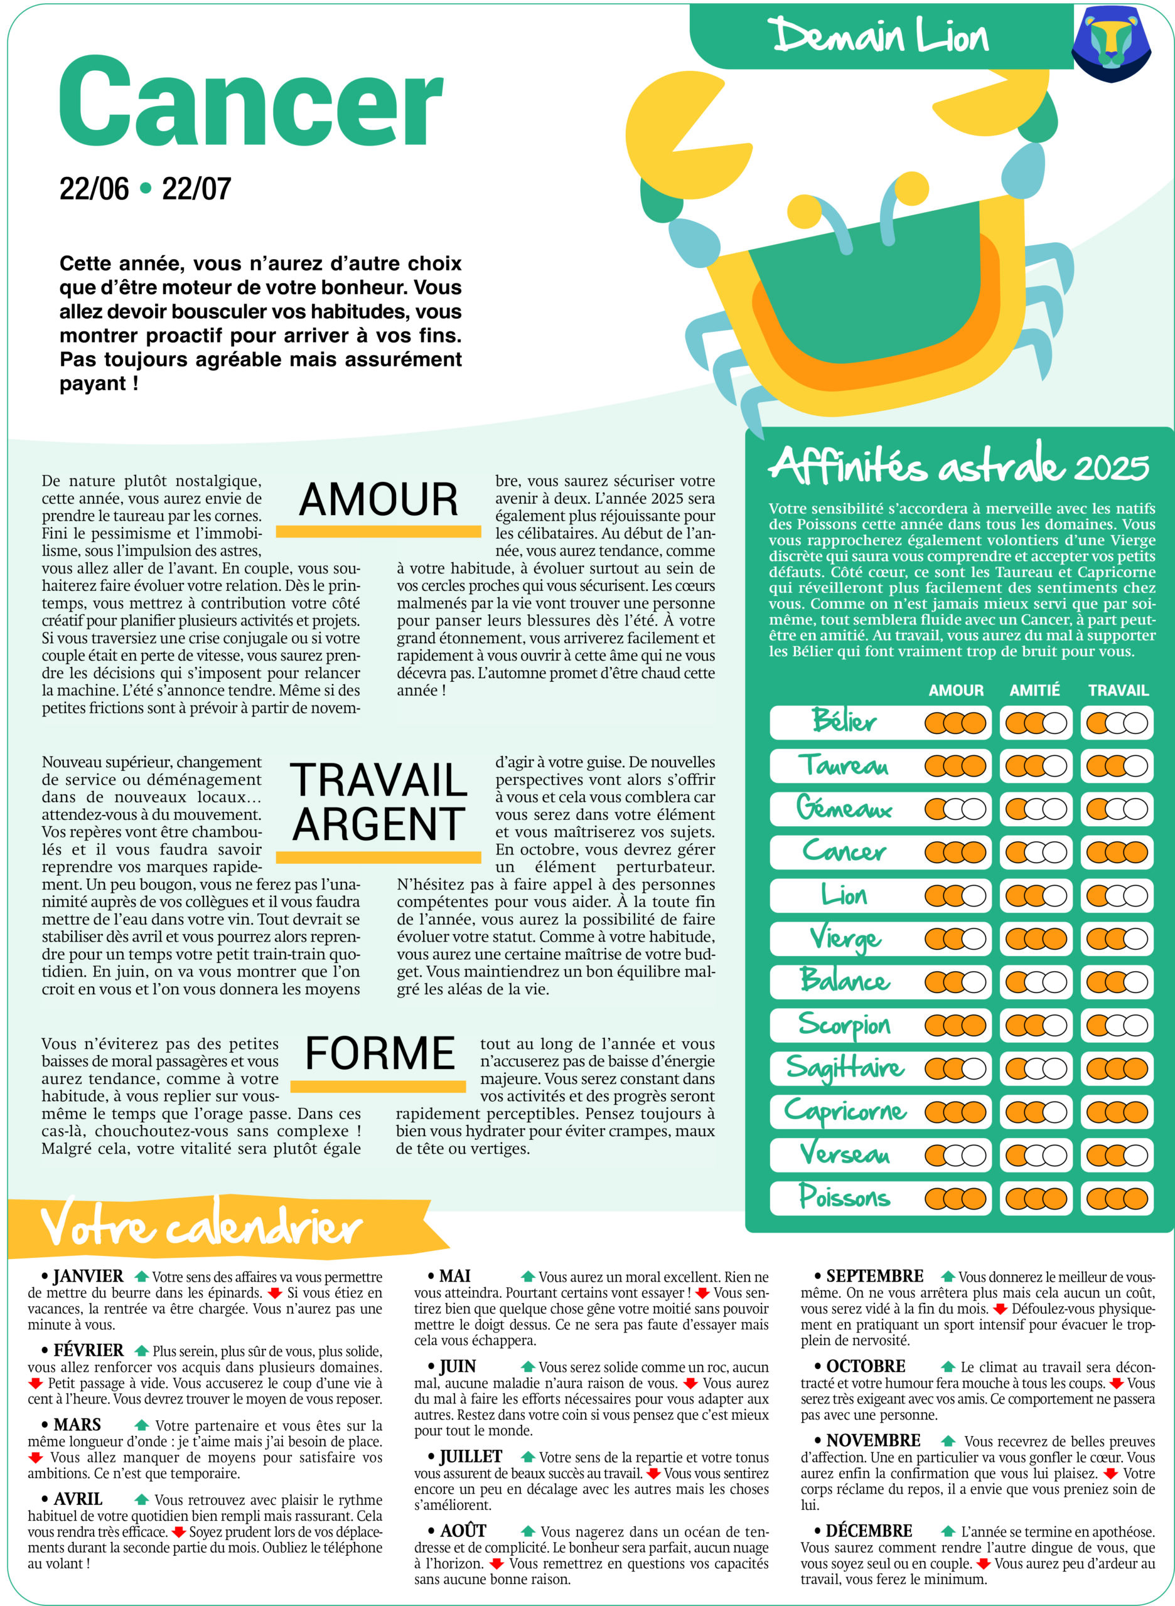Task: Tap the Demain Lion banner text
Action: pyautogui.click(x=881, y=36)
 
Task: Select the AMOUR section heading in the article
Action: pyautogui.click(x=378, y=500)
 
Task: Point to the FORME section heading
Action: pyautogui.click(x=380, y=1053)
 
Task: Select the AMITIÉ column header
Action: pyautogui.click(x=1034, y=690)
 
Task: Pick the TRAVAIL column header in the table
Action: pyautogui.click(x=1118, y=690)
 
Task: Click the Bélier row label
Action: pyautogui.click(x=844, y=721)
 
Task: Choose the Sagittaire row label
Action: pyautogui.click(x=845, y=1068)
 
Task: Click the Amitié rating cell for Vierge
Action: pyautogui.click(x=1036, y=939)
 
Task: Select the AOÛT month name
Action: pyautogui.click(x=463, y=1531)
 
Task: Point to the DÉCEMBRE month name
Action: pyautogui.click(x=869, y=1531)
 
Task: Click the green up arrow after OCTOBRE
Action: pyautogui.click(x=947, y=1366)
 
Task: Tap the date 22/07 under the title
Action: pyautogui.click(x=196, y=189)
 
